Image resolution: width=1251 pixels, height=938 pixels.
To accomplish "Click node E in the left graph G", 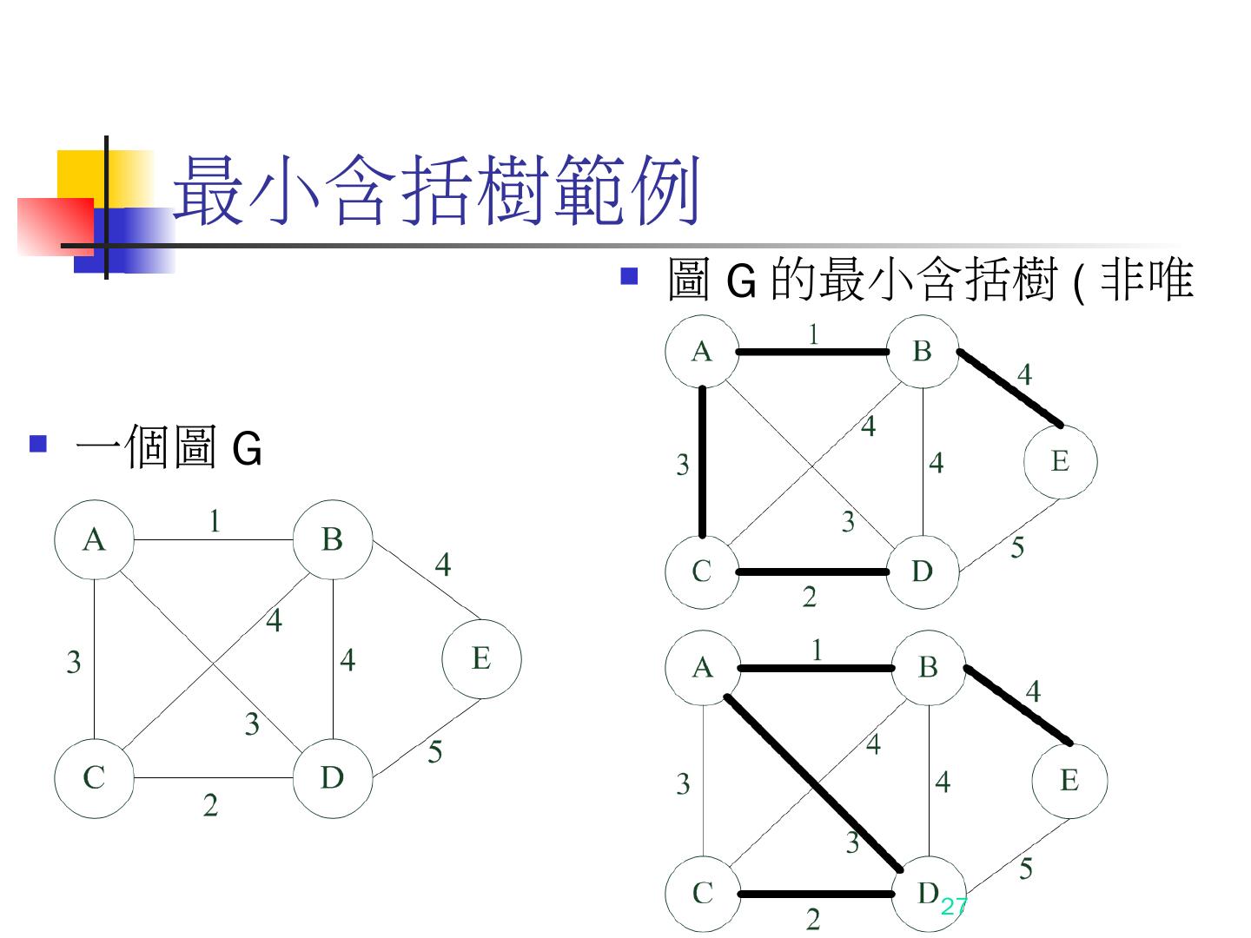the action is pyautogui.click(x=481, y=658).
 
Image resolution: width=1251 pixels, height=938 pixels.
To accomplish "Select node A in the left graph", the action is pyautogui.click(x=94, y=540).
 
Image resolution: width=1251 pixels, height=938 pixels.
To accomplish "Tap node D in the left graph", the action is pyautogui.click(x=333, y=777).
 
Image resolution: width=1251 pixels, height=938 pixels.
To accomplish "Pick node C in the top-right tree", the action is pyautogui.click(x=702, y=571).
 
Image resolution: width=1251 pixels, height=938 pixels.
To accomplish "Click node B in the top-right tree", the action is pyautogui.click(x=922, y=351).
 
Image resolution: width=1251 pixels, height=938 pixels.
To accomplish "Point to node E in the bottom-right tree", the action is pyautogui.click(x=1069, y=780).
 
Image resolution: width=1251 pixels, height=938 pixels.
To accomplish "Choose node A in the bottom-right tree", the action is pyautogui.click(x=702, y=667).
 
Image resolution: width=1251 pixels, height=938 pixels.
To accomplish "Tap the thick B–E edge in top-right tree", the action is pyautogui.click(x=1009, y=388).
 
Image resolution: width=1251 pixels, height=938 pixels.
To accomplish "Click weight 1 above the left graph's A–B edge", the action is pyautogui.click(x=214, y=521).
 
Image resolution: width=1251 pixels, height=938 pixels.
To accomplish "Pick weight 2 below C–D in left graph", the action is pyautogui.click(x=210, y=806).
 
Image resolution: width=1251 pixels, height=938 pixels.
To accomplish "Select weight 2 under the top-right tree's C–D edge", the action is pyautogui.click(x=810, y=598).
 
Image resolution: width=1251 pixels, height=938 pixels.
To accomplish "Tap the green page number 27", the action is pyautogui.click(x=953, y=906).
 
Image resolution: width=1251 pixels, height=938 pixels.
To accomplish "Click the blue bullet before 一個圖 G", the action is pyautogui.click(x=37, y=445).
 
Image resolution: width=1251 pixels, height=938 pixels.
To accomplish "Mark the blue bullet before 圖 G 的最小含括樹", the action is pyautogui.click(x=630, y=276).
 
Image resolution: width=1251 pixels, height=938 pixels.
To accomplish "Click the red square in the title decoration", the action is pyautogui.click(x=54, y=226).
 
